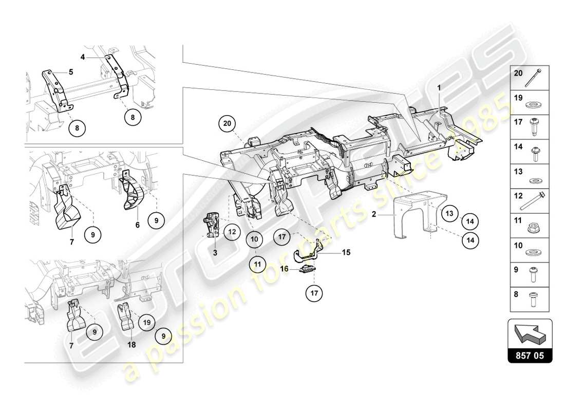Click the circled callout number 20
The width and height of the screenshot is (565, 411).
[x=228, y=123]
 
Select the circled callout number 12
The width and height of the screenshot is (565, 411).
[x=232, y=232]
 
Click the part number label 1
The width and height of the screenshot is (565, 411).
[x=439, y=87]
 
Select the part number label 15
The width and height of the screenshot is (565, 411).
[x=345, y=252]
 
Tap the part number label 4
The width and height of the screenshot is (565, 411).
[x=82, y=57]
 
